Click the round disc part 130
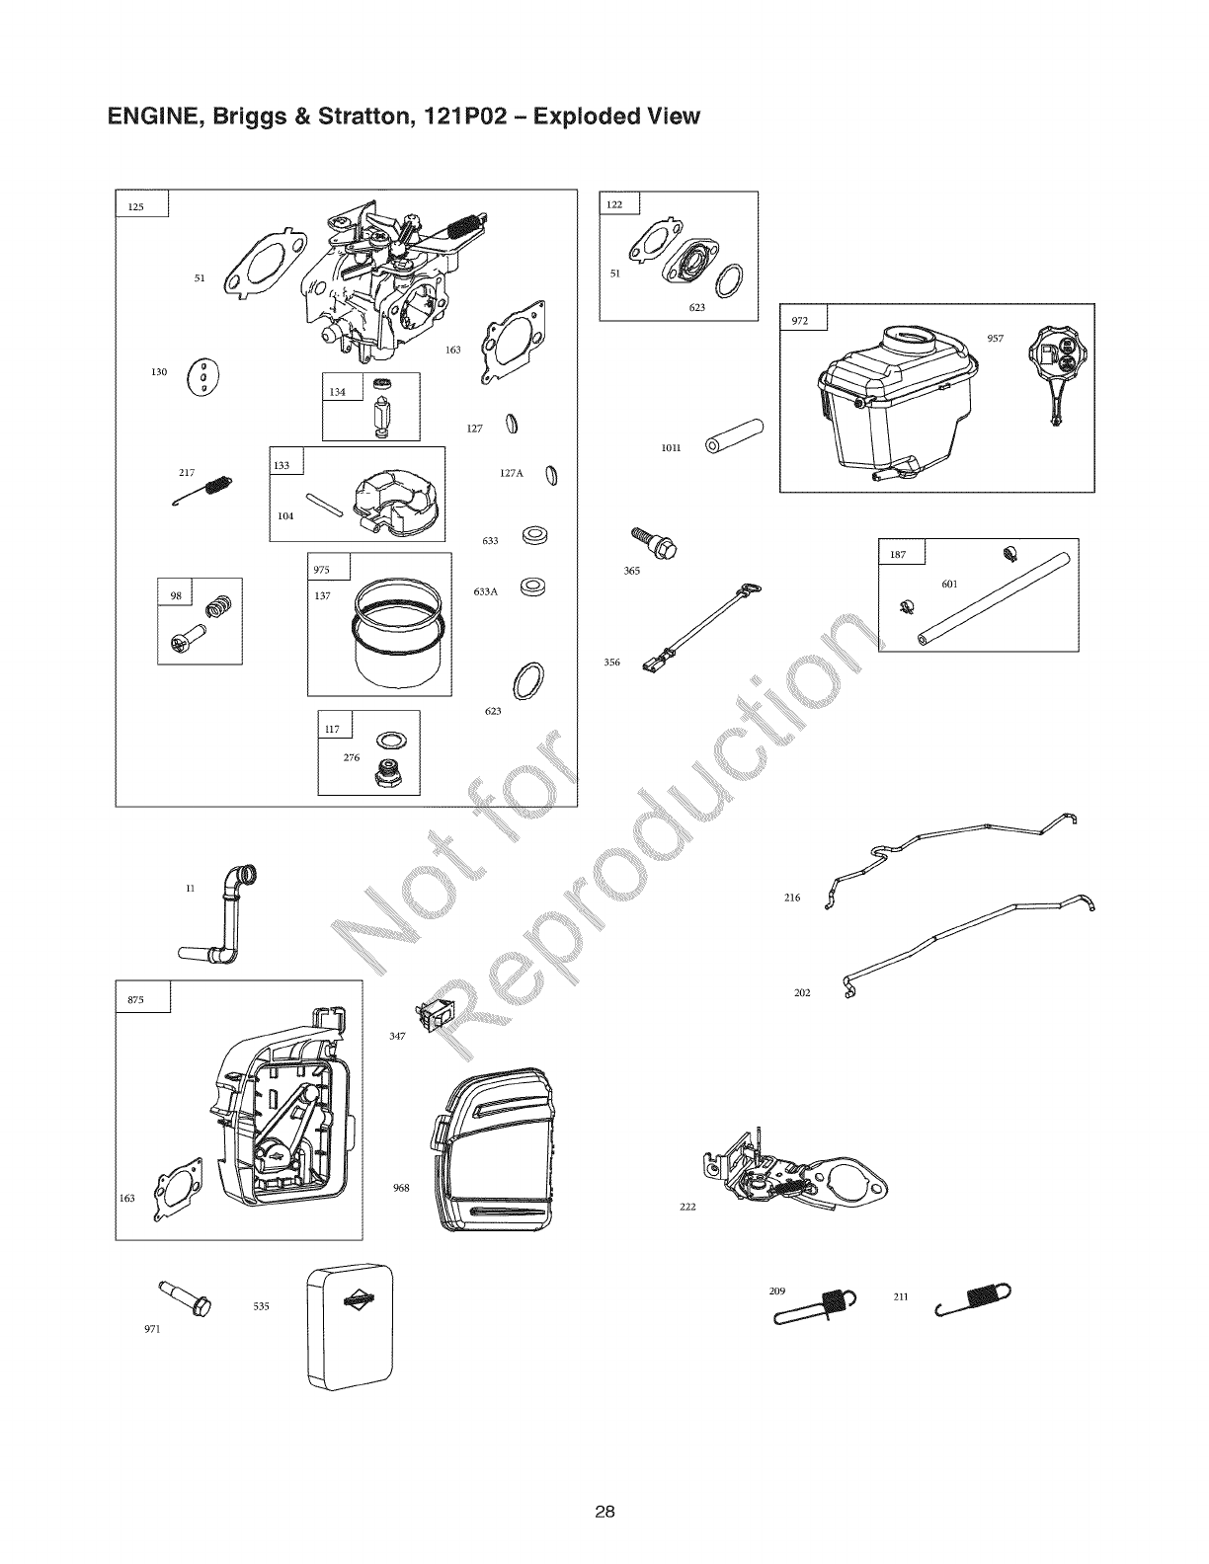pos(202,375)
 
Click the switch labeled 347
pos(432,1014)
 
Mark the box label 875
pos(136,999)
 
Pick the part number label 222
pos(688,1207)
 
